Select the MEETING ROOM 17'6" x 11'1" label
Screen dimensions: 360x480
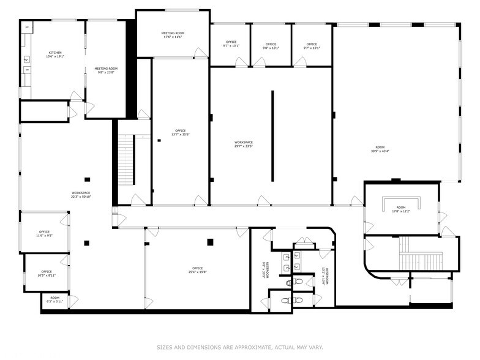click(x=173, y=35)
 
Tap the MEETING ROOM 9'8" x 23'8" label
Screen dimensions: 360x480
click(x=106, y=71)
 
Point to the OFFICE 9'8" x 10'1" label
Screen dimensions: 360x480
click(x=271, y=46)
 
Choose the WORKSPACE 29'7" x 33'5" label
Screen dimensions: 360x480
click(x=243, y=144)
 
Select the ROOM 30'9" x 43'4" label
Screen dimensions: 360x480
click(x=380, y=149)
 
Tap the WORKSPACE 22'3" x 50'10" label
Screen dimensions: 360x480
click(x=81, y=195)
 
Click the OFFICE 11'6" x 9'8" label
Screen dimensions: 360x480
click(x=45, y=233)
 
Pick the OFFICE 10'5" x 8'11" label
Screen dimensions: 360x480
click(x=47, y=274)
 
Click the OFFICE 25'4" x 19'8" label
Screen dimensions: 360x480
click(x=197, y=270)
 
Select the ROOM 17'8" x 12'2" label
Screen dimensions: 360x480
click(x=401, y=210)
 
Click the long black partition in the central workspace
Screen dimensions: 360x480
click(x=272, y=135)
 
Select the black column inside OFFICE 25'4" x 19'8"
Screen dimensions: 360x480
click(x=210, y=242)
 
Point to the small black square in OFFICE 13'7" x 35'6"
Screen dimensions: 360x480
click(x=159, y=141)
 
